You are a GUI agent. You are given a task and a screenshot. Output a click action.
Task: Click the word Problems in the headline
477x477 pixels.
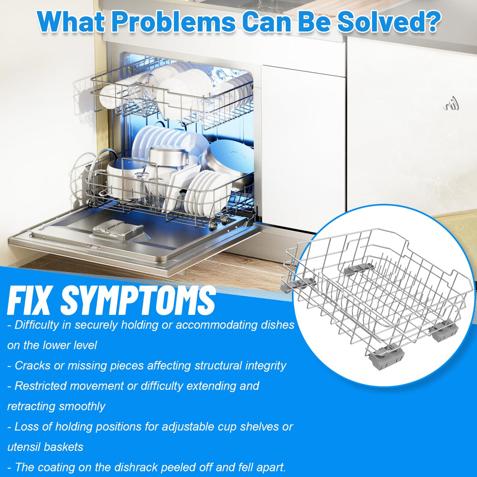pyautogui.click(x=173, y=22)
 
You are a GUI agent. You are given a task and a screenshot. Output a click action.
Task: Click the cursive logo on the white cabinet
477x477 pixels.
pyautogui.click(x=451, y=107)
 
